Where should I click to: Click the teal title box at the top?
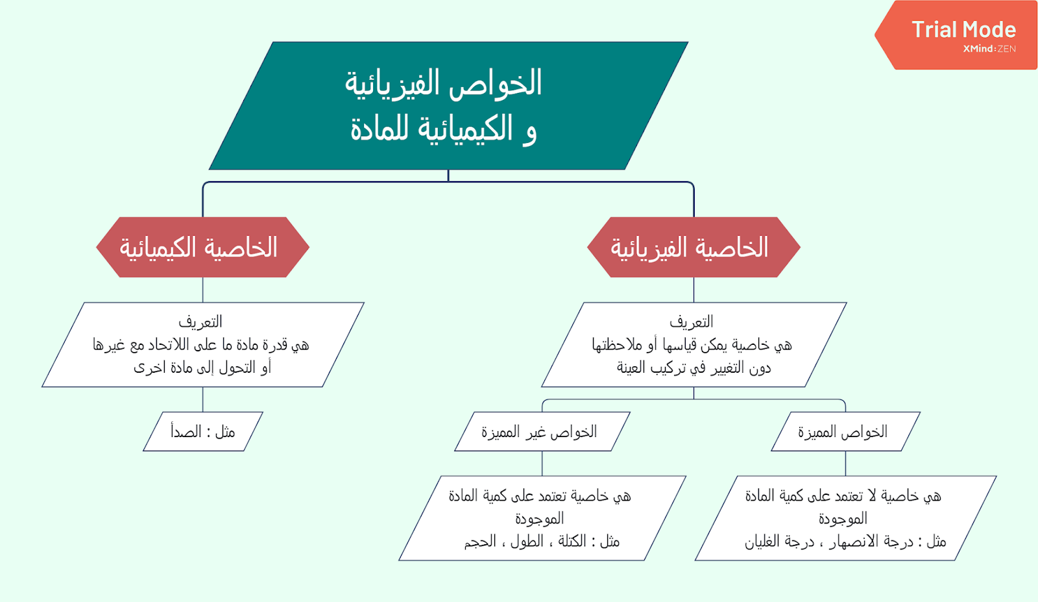coord(448,105)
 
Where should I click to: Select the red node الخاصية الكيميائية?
coord(202,247)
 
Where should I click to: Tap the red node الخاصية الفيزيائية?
coord(694,247)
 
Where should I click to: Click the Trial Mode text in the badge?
coord(963,29)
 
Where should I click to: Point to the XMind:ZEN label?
coord(989,49)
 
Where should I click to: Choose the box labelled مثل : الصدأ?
coord(203,432)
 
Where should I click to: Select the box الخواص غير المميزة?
coord(542,432)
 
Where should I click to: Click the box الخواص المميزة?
coord(845,432)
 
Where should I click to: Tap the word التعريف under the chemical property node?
coord(200,321)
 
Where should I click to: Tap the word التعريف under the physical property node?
coord(692,321)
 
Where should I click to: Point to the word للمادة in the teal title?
coord(380,129)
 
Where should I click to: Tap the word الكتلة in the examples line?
coord(572,542)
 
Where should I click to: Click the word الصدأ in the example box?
coord(186,432)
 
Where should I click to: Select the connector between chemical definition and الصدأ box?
coord(203,399)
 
